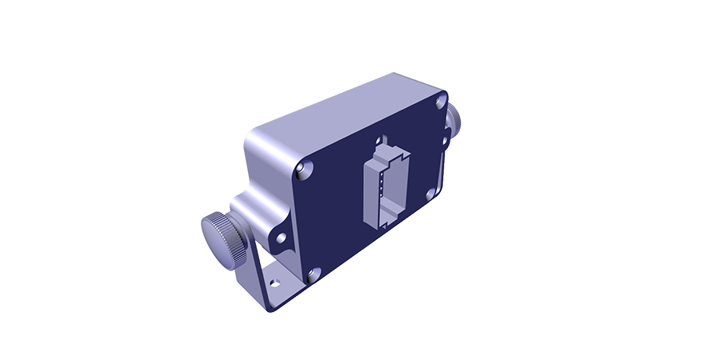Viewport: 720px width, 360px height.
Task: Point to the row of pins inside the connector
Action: (382, 189)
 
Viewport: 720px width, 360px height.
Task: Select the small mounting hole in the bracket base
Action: (274, 282)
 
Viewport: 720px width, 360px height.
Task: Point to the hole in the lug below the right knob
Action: (446, 138)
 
